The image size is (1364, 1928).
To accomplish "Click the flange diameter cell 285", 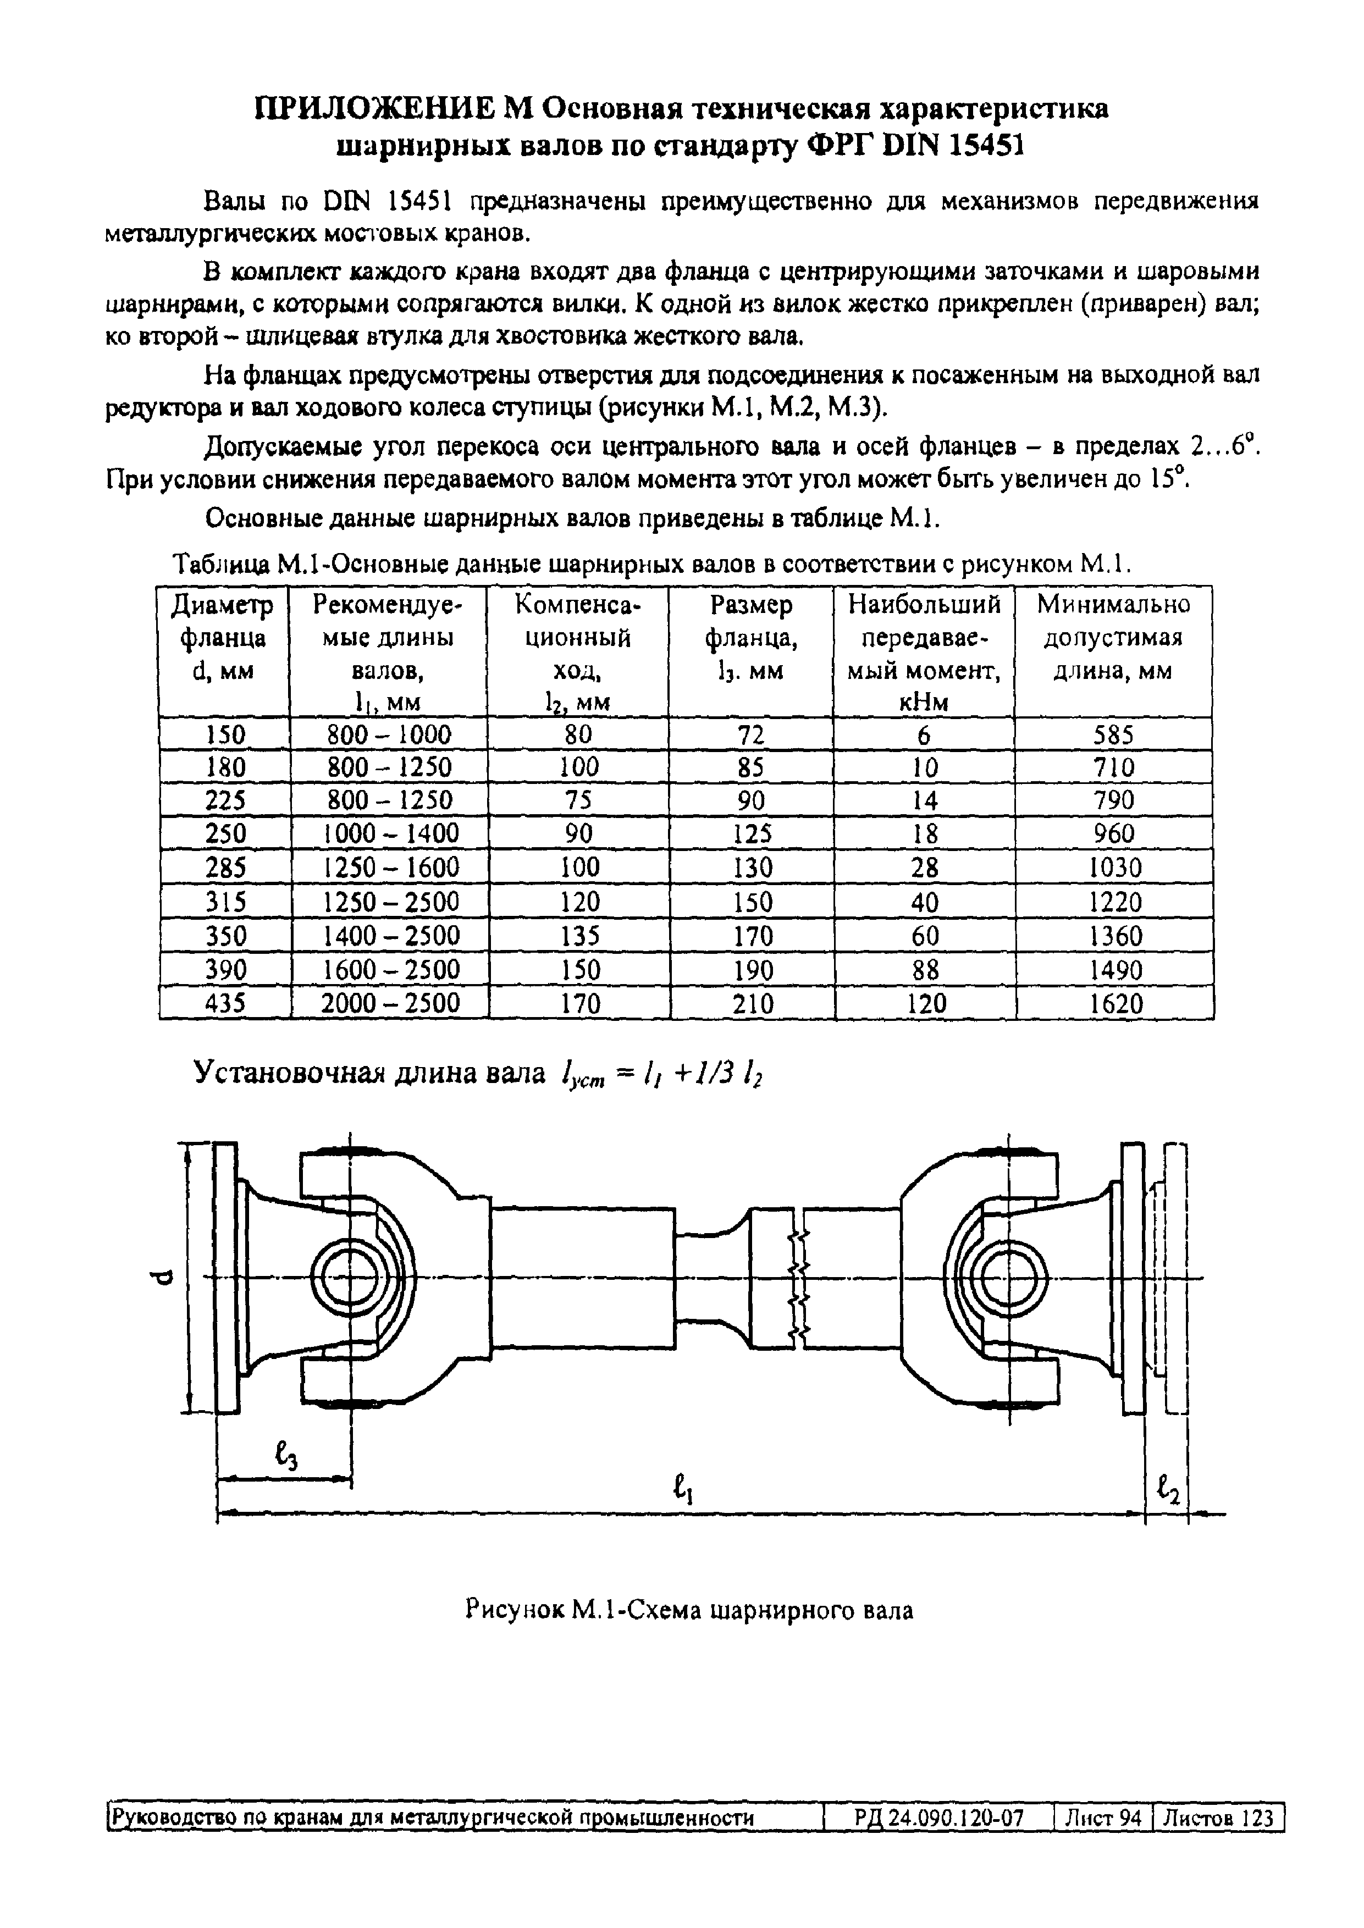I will tap(225, 866).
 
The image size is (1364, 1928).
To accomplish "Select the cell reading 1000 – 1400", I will tap(390, 833).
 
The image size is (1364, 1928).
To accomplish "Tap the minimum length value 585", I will tap(1114, 735).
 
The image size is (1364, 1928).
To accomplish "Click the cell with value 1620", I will tap(1116, 1003).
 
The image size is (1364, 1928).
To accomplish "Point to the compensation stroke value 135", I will tap(579, 936).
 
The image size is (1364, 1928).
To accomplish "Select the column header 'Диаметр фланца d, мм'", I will tap(223, 638).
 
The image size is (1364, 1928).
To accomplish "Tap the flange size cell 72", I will tap(751, 735).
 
